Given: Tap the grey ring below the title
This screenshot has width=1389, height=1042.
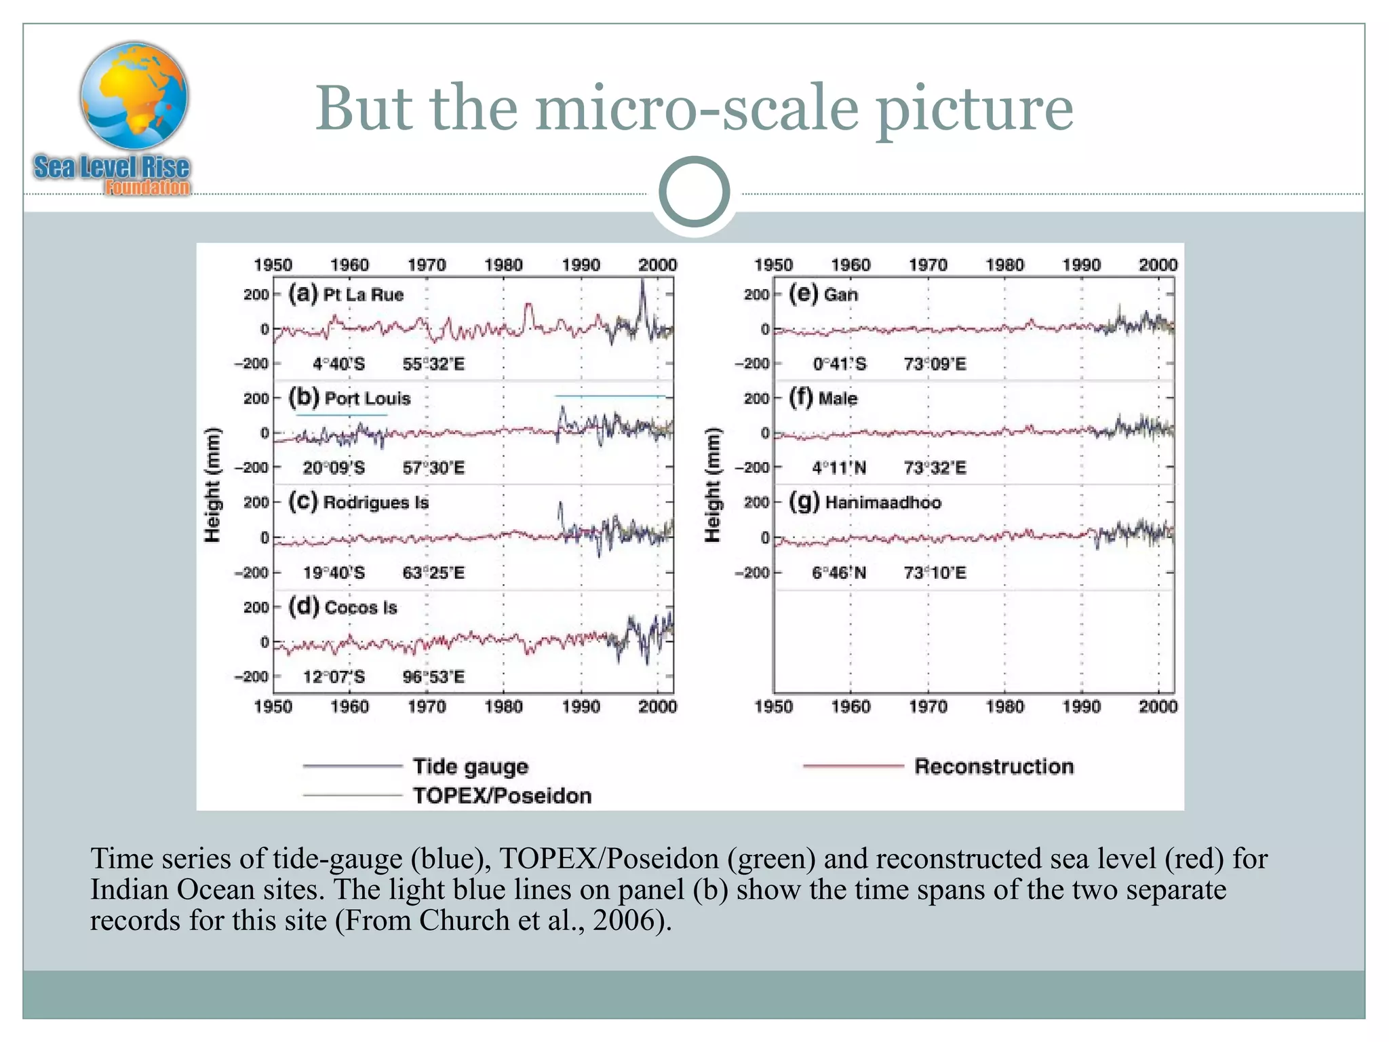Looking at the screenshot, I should tap(694, 192).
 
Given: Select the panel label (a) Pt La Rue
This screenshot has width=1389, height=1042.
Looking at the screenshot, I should tap(346, 294).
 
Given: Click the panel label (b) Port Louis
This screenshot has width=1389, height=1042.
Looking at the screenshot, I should tap(349, 398).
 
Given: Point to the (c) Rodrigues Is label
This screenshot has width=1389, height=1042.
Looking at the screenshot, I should tap(358, 502).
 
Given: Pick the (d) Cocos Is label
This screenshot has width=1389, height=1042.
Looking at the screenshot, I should tap(343, 606).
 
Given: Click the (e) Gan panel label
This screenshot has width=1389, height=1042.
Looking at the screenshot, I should tap(823, 294).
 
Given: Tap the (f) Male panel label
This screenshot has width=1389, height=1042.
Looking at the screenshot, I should tap(823, 398).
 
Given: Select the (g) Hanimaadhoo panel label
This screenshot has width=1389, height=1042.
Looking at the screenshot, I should tap(865, 502).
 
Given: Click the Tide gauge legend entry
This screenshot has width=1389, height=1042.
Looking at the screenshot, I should tap(470, 766).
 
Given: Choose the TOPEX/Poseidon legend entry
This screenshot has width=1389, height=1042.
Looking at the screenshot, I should tap(502, 795).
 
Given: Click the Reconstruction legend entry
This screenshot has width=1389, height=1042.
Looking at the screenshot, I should tap(994, 766).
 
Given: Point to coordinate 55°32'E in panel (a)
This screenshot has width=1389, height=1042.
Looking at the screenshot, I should tap(433, 364).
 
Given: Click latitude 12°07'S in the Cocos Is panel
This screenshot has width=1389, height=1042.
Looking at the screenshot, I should tap(334, 676).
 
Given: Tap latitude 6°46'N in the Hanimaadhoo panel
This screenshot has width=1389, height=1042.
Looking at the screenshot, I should tap(839, 573).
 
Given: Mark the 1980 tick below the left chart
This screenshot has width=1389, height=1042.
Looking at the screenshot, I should tap(503, 707).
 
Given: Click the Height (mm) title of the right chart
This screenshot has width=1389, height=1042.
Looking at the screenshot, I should tap(711, 485).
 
